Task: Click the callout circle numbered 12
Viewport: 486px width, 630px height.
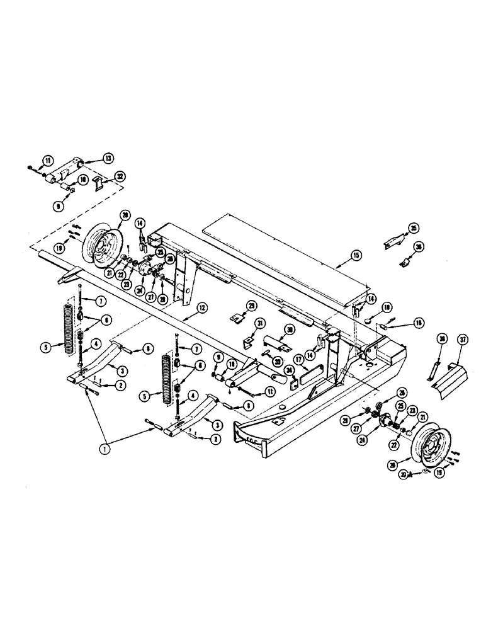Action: (x=202, y=308)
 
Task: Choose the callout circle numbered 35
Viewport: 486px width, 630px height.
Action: (x=413, y=227)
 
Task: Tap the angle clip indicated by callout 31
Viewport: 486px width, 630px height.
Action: (x=247, y=344)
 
